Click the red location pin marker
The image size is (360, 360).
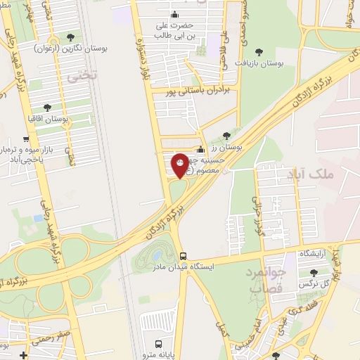pos(181,165)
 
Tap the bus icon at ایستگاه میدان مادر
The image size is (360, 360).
pos(183,256)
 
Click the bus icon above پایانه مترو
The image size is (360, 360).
pos(159,344)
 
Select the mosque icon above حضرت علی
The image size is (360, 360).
pos(174,15)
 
